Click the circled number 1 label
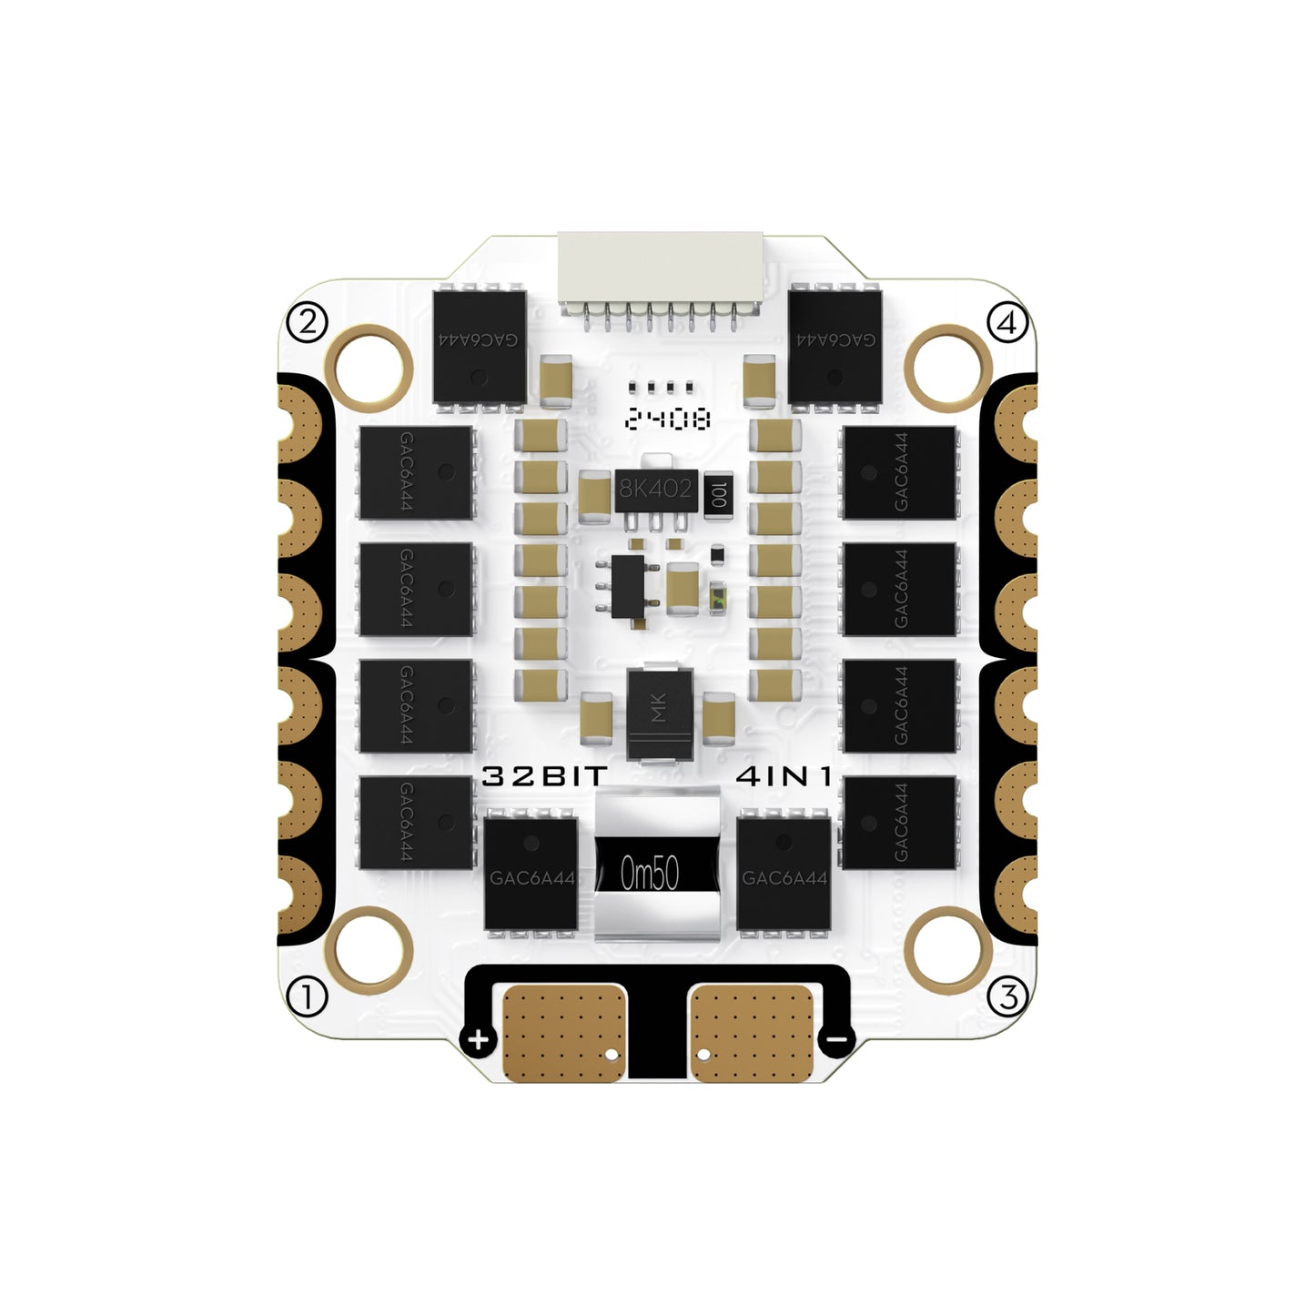pos(307,996)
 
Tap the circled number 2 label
pos(307,321)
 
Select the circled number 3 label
pos(1008,996)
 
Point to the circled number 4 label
pos(1007,321)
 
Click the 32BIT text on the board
pos(544,776)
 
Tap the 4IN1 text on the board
pos(784,776)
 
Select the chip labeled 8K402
pos(655,489)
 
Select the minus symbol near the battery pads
pos(837,1039)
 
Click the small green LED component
pos(717,599)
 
